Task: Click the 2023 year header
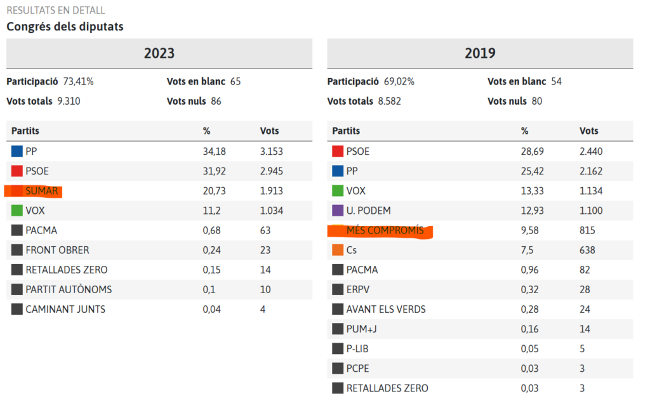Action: pos(159,53)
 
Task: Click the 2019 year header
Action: pos(480,53)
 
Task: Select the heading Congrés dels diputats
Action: pos(65,27)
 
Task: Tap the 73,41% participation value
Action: pos(77,81)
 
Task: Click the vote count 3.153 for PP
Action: pos(271,151)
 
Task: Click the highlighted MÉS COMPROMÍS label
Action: pos(385,230)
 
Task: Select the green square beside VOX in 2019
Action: pos(338,191)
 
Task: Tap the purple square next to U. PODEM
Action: pos(338,211)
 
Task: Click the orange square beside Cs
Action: pos(338,250)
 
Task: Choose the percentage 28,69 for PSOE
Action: pos(533,151)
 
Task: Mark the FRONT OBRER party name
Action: pos(57,250)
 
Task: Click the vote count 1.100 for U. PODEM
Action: pos(591,211)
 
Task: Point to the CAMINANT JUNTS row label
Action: pos(65,309)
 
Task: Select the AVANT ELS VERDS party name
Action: pos(386,309)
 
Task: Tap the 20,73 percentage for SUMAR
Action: pos(214,191)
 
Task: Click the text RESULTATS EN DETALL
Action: pos(56,11)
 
